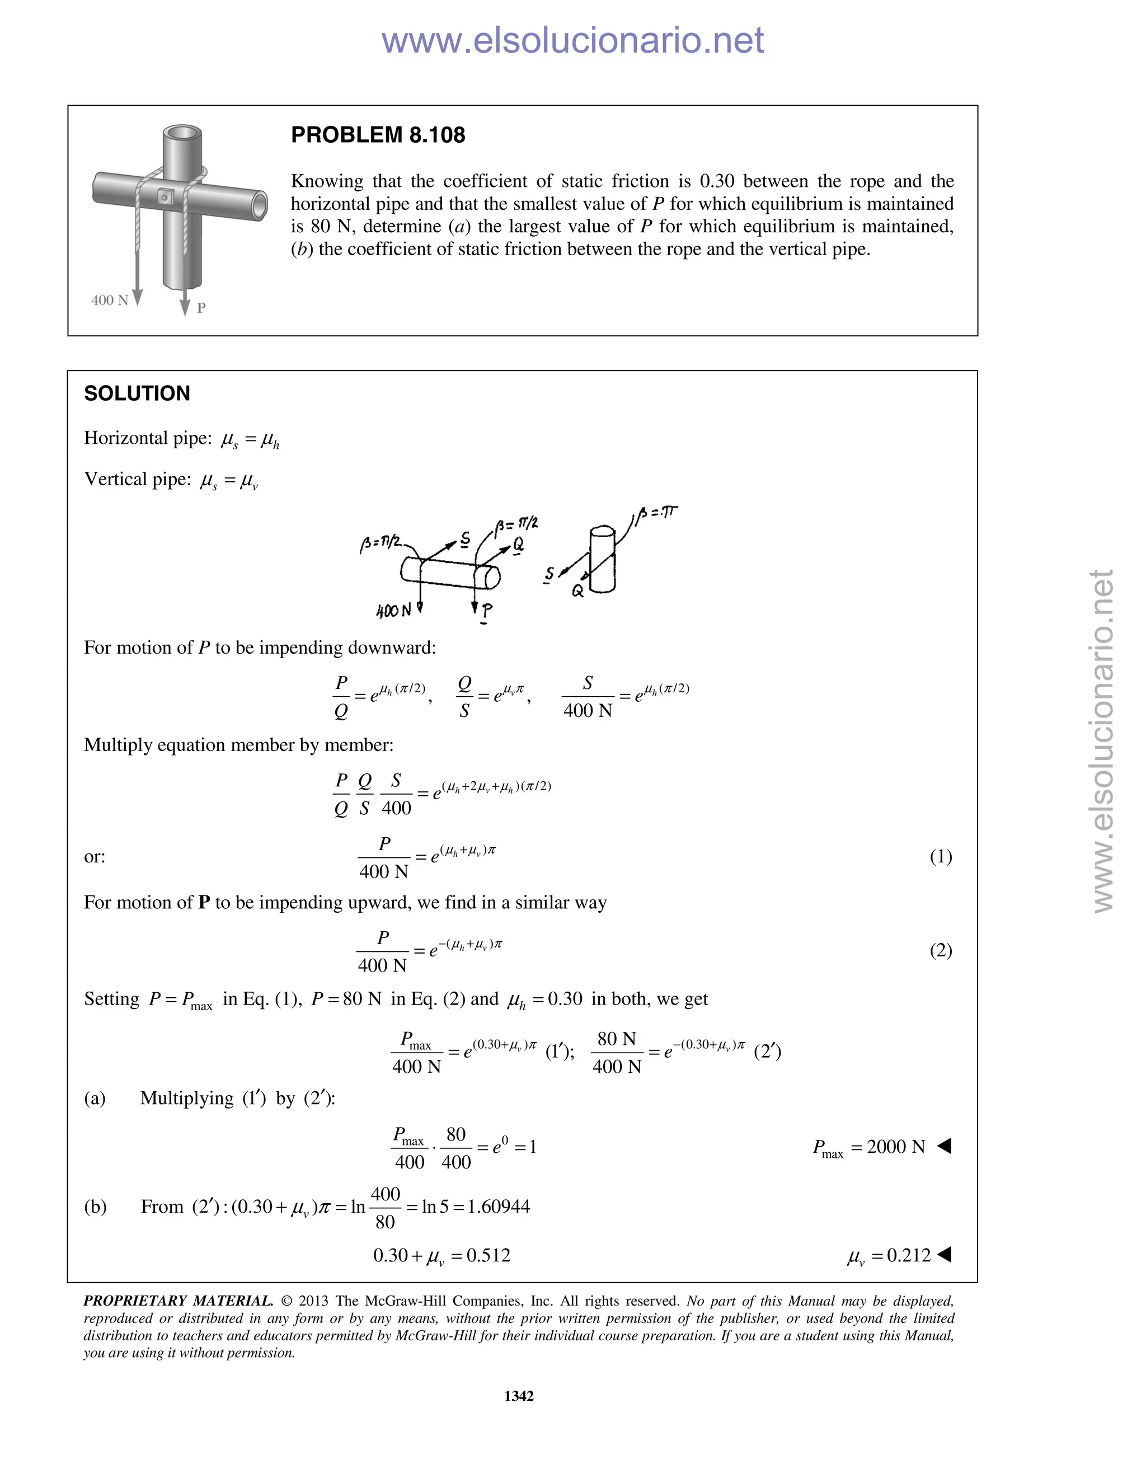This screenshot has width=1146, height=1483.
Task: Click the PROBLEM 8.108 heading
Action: [378, 135]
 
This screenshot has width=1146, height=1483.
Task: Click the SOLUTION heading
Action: [137, 393]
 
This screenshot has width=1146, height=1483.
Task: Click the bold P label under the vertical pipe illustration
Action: [201, 308]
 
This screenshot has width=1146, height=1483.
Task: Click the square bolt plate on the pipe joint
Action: [165, 197]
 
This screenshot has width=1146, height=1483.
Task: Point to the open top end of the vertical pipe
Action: [182, 133]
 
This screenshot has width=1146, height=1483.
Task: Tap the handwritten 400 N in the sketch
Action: [394, 611]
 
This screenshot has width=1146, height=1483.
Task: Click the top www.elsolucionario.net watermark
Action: [572, 40]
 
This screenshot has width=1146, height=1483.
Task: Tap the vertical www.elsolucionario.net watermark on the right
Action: [1103, 740]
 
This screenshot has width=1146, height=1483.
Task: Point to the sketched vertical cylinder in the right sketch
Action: [602, 560]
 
